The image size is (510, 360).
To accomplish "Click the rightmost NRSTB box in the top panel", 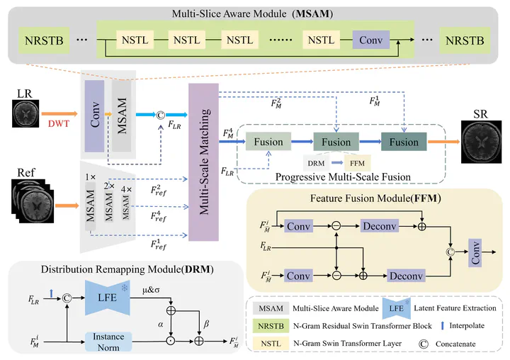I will click(464, 41).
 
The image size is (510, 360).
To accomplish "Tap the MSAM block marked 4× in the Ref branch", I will click(126, 205).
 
